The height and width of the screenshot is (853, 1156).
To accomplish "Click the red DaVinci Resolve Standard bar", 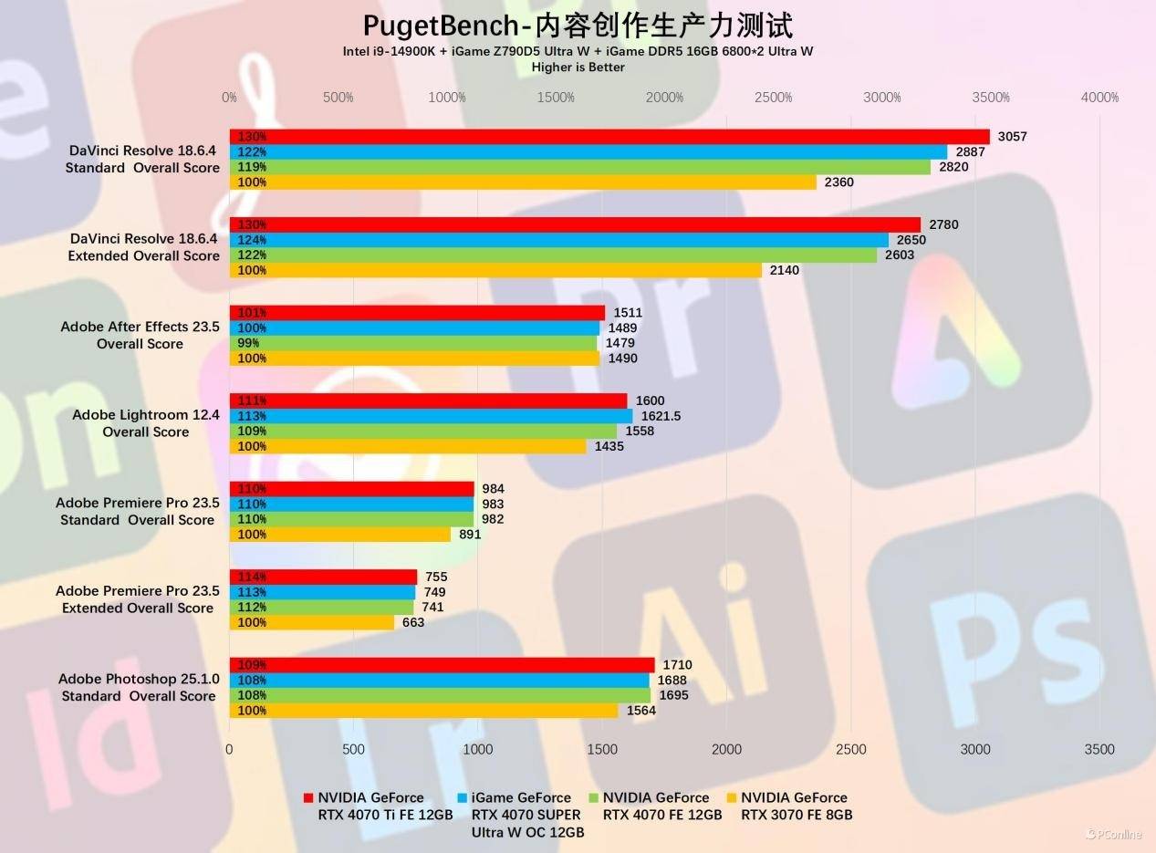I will [609, 137].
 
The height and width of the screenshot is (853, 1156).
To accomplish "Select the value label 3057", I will [1012, 137].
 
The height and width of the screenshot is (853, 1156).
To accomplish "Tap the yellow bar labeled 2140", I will [495, 270].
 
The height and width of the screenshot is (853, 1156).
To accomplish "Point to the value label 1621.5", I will [661, 416].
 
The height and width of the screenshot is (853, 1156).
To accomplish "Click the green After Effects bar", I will [413, 343].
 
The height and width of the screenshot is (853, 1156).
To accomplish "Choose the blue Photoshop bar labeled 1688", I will [439, 680].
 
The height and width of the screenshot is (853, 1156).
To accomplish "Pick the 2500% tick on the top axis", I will [773, 98].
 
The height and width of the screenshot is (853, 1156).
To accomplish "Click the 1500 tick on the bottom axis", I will [602, 750].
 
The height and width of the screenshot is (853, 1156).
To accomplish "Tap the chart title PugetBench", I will [578, 25].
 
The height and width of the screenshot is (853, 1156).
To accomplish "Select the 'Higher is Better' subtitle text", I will [578, 67].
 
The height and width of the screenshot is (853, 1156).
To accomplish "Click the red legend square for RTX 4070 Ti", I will [307, 798].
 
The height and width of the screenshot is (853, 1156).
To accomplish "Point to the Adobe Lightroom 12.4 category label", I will [145, 423].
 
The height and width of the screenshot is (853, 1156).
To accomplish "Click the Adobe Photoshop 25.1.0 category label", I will [138, 688].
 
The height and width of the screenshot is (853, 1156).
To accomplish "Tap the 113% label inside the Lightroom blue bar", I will [251, 416].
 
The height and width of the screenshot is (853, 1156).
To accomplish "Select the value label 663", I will [413, 622].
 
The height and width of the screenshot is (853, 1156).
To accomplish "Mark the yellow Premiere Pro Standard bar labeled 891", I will [339, 535].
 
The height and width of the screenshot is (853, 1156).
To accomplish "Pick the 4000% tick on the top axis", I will [1099, 98].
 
